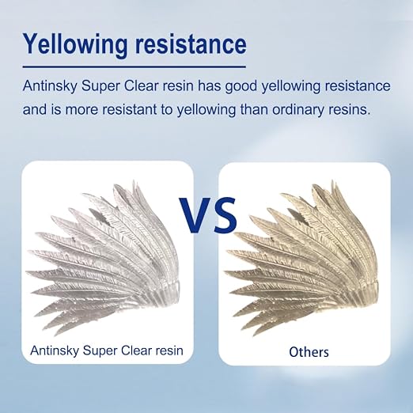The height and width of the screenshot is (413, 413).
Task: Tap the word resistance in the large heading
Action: click(x=191, y=44)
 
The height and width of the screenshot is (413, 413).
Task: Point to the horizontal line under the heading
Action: click(x=135, y=67)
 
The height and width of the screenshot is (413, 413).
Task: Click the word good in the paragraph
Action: click(x=241, y=87)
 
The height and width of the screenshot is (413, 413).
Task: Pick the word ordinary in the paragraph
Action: click(x=298, y=110)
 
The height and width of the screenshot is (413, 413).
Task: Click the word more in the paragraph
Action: click(x=81, y=110)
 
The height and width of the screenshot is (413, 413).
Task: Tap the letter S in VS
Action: click(x=224, y=215)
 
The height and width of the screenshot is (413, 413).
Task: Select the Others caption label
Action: click(x=309, y=352)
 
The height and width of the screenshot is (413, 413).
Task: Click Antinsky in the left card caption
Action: click(x=55, y=350)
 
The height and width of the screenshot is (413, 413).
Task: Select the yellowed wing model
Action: click(x=302, y=259)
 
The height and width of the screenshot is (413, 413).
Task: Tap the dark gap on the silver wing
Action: click(x=100, y=217)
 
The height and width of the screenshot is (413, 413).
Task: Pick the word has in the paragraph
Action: click(x=210, y=86)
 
